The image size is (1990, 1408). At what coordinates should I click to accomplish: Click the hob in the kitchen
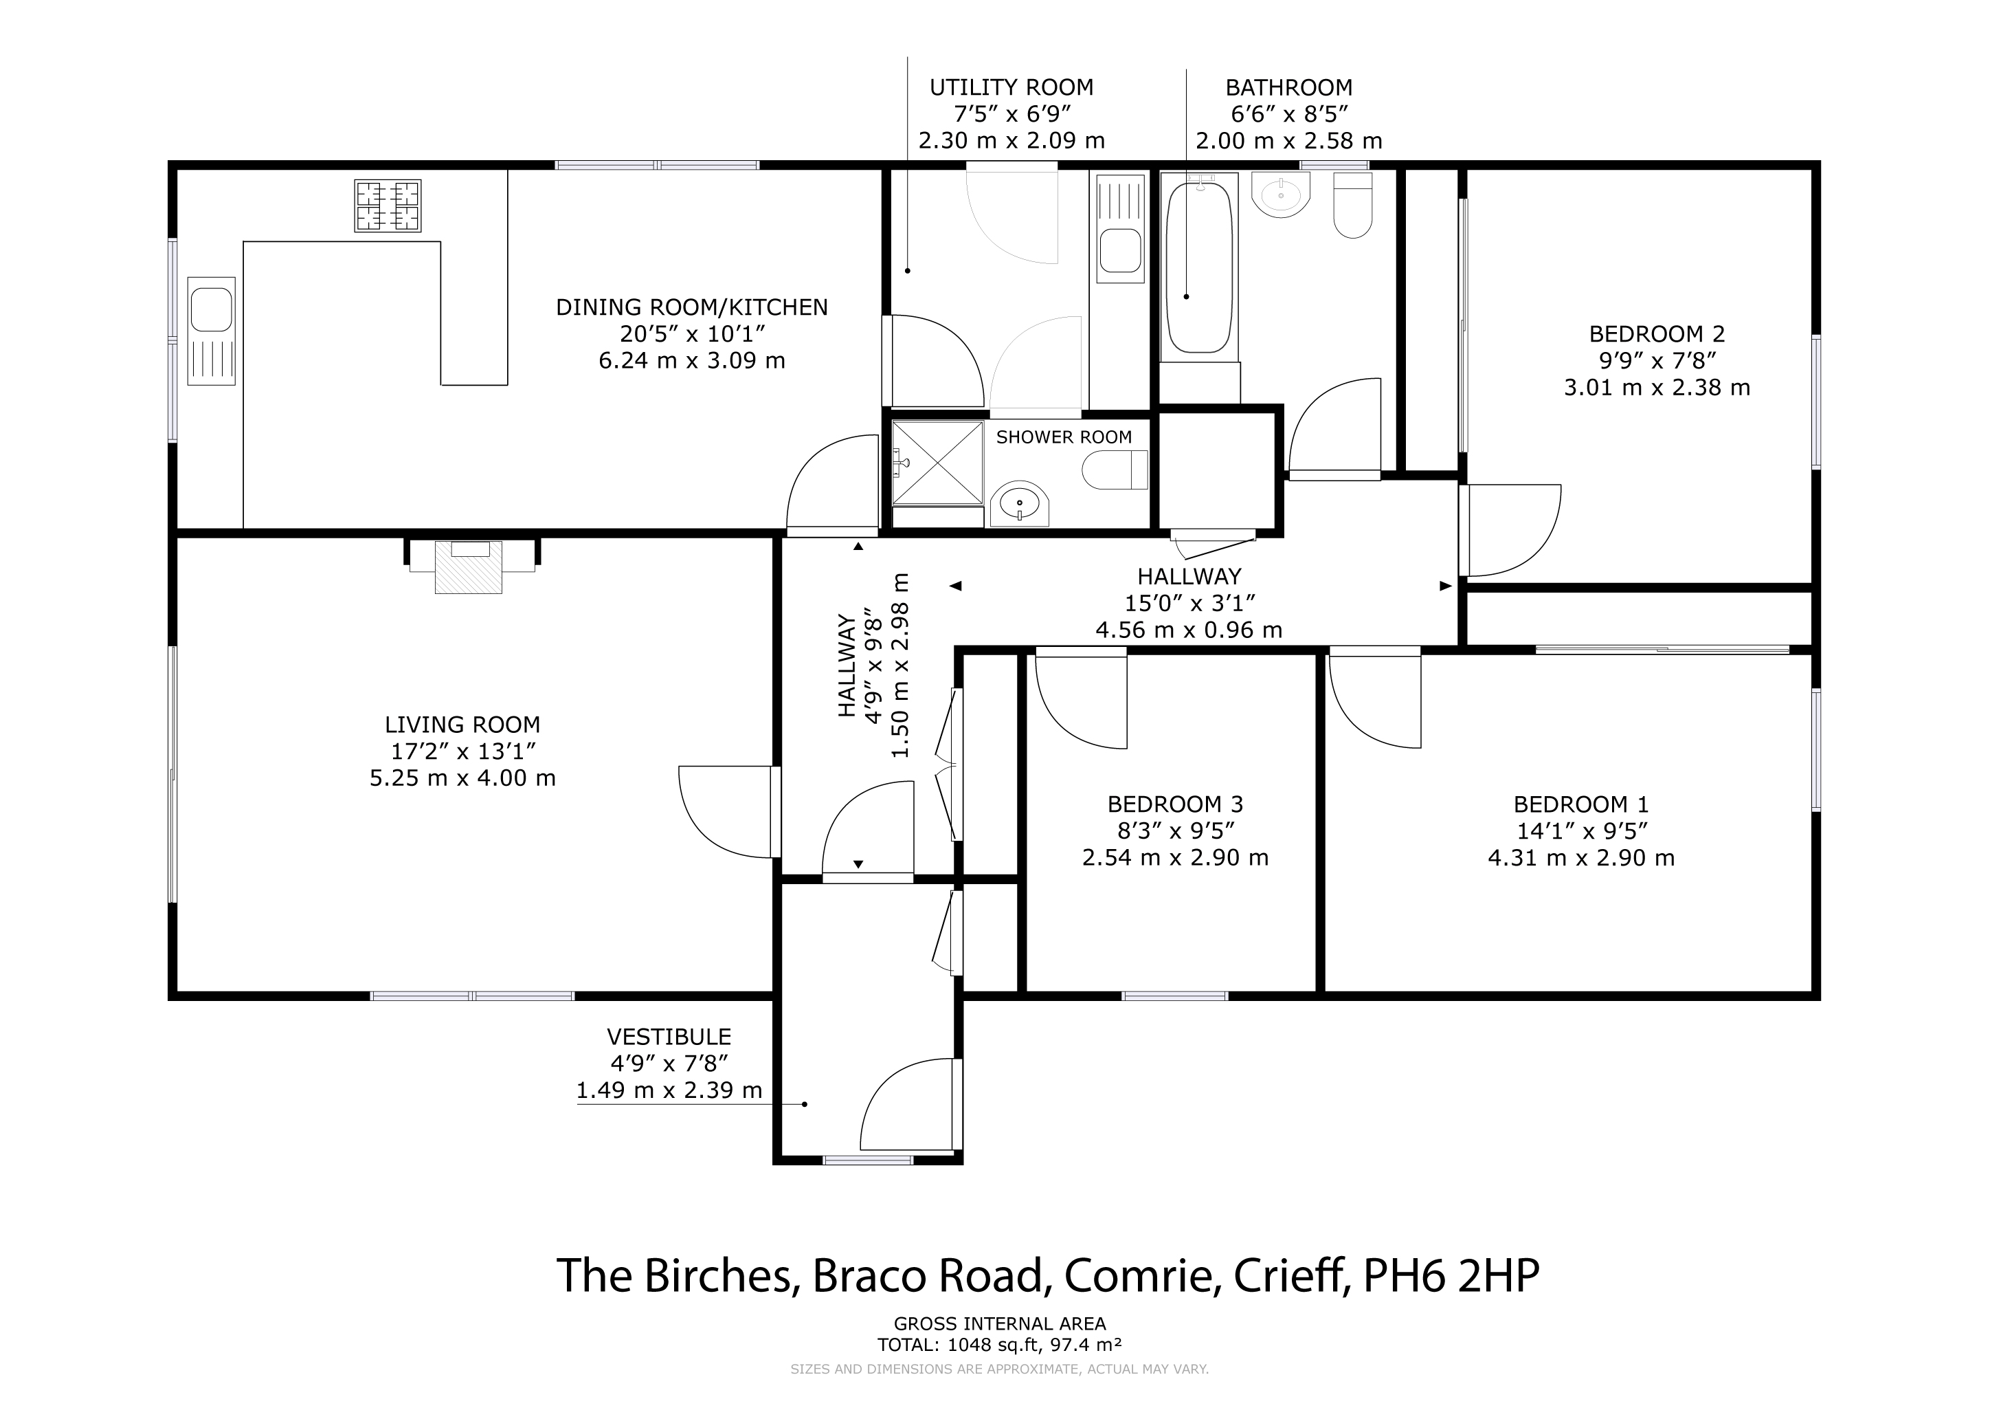(x=388, y=206)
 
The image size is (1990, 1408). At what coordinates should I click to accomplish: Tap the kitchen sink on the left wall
(x=212, y=331)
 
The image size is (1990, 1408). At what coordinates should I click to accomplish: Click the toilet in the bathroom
(x=1352, y=205)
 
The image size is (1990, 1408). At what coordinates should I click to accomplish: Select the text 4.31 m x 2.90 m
(x=1581, y=858)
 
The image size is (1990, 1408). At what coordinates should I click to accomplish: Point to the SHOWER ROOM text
(x=1064, y=437)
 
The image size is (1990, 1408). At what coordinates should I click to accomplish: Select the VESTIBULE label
(x=669, y=1037)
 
